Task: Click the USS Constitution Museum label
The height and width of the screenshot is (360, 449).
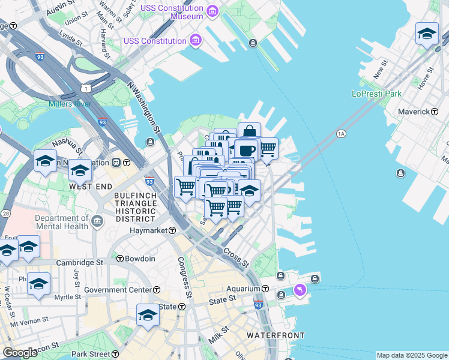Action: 170,12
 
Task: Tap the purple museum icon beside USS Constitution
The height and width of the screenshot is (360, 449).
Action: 195,41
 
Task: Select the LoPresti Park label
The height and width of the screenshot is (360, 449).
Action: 376,94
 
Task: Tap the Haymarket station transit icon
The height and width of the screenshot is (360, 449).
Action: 172,230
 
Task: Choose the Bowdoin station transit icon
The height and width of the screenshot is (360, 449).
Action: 120,259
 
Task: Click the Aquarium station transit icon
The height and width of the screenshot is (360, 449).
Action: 265,289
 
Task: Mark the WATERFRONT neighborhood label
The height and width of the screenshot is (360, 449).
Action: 276,335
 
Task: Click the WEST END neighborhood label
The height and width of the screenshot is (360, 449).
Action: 90,187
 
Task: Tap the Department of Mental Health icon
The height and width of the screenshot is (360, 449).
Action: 97,223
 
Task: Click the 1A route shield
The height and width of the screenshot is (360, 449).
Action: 342,133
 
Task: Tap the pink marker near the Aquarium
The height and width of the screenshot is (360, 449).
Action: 300,290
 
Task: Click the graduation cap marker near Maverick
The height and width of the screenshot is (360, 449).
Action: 427,33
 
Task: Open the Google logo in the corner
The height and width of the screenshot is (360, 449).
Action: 19,353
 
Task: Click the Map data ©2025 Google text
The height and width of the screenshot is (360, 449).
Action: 411,355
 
